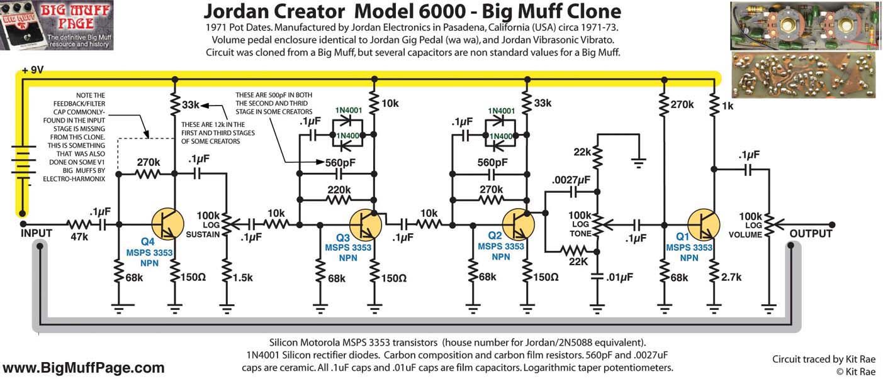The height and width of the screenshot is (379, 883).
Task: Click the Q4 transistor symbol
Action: [167, 224]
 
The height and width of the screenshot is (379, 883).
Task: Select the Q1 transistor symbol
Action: [702, 224]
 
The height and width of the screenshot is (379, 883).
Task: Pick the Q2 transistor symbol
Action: [519, 224]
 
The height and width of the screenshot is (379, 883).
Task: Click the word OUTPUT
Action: [811, 234]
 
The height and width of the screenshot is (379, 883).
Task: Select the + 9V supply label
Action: [33, 70]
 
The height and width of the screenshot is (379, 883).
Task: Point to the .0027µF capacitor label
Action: [572, 180]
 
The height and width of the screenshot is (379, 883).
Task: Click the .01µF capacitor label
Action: [621, 277]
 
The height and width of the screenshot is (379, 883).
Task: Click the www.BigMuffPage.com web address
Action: [84, 368]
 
